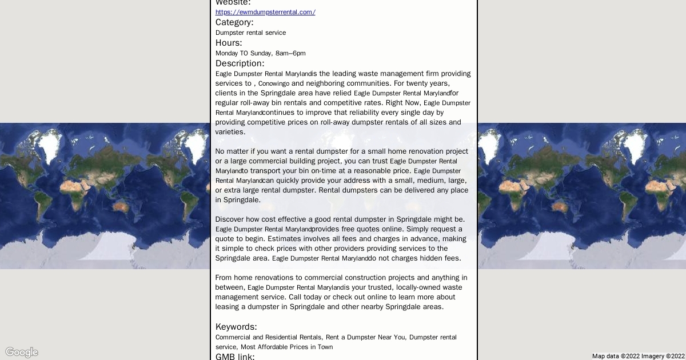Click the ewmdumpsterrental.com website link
click(265, 12)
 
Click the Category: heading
click(234, 22)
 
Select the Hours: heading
click(229, 43)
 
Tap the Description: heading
click(240, 63)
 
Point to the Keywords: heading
click(236, 327)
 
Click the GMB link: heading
click(235, 357)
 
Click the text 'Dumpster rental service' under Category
click(250, 33)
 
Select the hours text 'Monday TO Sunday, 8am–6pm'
click(260, 53)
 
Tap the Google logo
click(22, 352)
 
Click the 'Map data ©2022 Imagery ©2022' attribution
click(638, 356)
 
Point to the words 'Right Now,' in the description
click(403, 103)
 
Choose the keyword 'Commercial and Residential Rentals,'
click(268, 337)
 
